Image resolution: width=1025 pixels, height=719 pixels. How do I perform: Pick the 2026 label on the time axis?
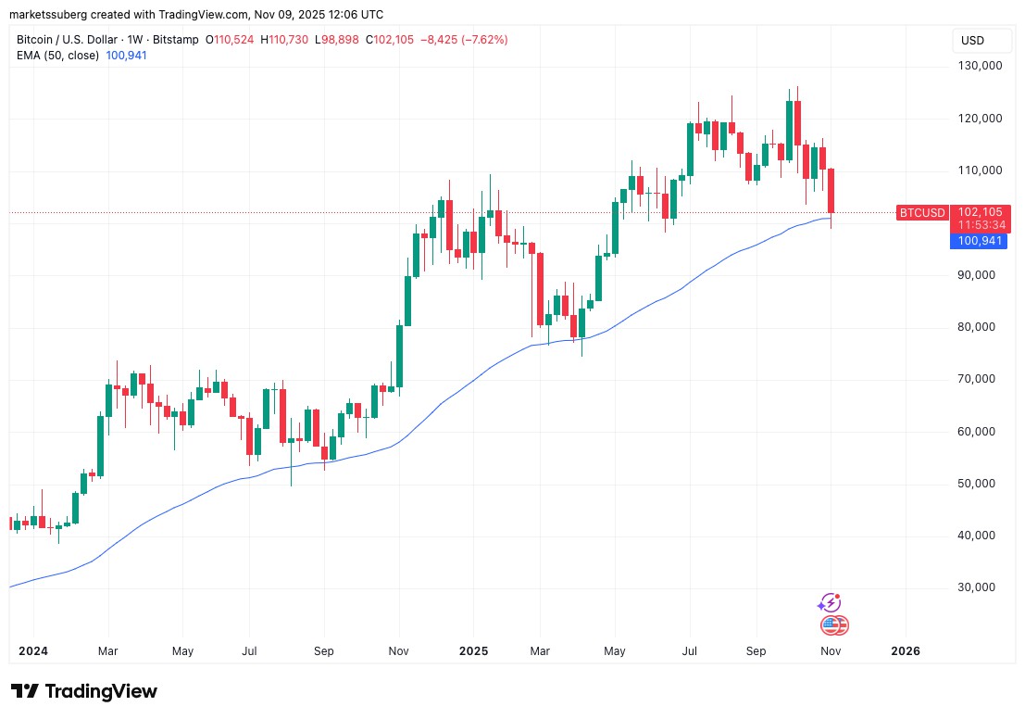905,651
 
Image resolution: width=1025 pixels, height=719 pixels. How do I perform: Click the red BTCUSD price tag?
922,213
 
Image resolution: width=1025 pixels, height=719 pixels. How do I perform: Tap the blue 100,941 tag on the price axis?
980,241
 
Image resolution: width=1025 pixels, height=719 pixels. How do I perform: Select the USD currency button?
972,41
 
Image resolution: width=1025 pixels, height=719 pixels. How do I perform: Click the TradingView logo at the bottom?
84,691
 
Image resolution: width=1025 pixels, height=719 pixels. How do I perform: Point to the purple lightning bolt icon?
829,603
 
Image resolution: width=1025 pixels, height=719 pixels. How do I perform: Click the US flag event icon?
834,625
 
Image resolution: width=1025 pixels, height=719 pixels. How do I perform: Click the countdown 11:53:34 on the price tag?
980,225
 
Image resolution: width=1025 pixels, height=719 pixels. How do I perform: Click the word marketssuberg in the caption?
45,14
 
